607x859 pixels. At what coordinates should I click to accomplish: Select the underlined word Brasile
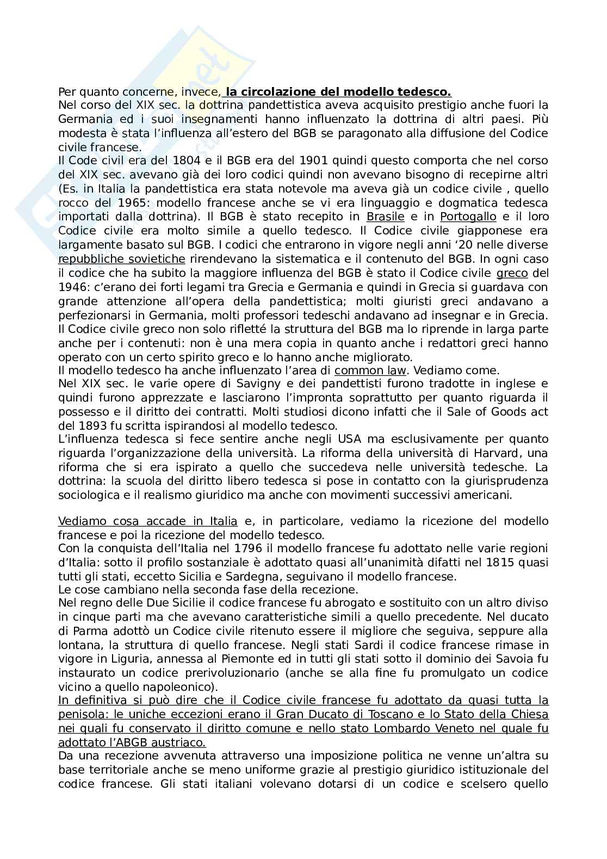coord(386,217)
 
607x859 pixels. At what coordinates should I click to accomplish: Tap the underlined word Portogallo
coord(468,217)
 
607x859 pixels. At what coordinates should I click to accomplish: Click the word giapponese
coord(479,231)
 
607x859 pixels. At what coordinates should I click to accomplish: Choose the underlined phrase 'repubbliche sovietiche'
coord(122,258)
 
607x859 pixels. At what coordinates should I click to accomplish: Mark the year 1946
coord(71,287)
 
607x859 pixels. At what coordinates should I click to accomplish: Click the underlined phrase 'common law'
coord(370,371)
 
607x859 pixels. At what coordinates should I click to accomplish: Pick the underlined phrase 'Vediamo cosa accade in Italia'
coord(148,521)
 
